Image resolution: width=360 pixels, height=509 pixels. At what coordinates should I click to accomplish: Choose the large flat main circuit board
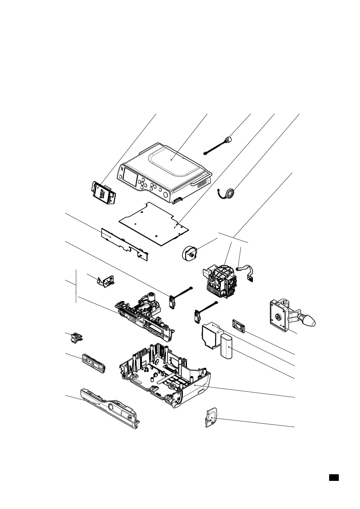(x=154, y=224)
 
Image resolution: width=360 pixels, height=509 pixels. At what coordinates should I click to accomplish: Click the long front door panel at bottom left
(x=109, y=407)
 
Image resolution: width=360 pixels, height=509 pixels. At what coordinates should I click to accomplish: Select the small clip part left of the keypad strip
(x=74, y=337)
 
